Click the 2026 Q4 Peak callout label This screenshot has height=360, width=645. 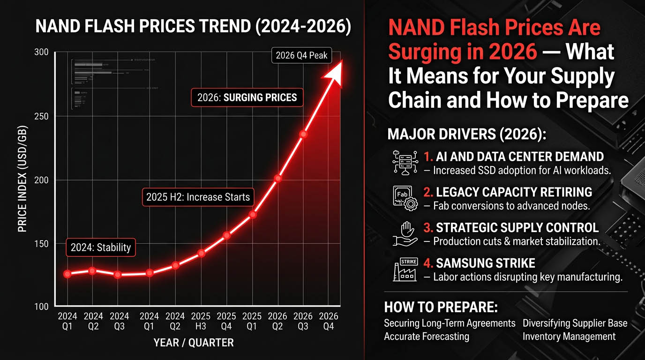301,56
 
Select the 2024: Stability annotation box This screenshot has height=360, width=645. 101,247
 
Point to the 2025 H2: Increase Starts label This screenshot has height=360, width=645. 197,197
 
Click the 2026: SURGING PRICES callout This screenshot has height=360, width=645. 247,98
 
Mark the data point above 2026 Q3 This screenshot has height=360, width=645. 303,135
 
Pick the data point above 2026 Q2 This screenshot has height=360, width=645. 277,179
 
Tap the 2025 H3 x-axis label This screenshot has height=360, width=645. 201,321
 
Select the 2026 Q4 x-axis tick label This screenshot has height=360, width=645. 329,321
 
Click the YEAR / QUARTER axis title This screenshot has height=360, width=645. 194,343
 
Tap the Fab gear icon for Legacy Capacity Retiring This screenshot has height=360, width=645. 405,198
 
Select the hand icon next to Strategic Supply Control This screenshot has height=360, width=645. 405,234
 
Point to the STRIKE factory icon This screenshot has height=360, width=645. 405,270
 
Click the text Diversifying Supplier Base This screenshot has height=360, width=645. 575,323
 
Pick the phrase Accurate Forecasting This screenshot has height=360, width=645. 426,337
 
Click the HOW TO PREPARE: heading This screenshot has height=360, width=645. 440,307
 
